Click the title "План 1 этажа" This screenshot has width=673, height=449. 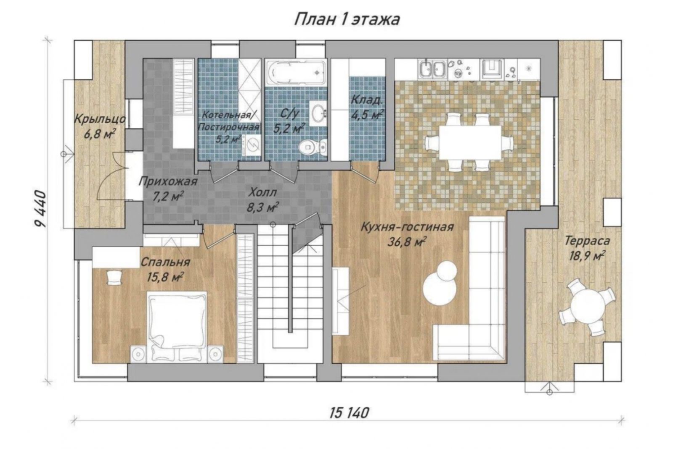[x=347, y=20]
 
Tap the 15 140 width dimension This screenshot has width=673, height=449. [x=349, y=413]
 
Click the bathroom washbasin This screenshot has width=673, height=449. [x=318, y=113]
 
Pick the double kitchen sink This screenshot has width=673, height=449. [x=432, y=69]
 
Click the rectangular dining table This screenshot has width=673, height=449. [x=470, y=142]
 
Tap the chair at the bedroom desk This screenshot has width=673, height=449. [x=114, y=277]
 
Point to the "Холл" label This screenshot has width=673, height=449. [x=262, y=192]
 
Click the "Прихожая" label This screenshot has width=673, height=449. [x=168, y=181]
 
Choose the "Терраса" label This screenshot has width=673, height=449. [x=587, y=241]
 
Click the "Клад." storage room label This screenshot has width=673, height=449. [x=366, y=100]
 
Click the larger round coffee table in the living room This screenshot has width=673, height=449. [x=440, y=289]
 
